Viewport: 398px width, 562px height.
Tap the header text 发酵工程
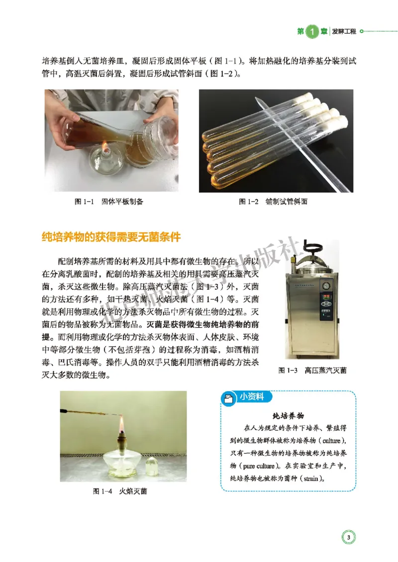tap(344, 31)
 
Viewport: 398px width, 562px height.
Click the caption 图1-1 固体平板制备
tap(108, 202)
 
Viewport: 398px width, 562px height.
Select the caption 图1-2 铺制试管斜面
tap(273, 202)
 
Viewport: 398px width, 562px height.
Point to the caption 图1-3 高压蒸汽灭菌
tap(312, 370)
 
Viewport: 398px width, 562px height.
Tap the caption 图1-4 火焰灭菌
tap(119, 491)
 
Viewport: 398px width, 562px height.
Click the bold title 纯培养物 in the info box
tap(289, 416)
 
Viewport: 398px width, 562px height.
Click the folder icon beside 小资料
tap(228, 399)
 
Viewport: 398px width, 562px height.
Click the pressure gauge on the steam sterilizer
tap(326, 286)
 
